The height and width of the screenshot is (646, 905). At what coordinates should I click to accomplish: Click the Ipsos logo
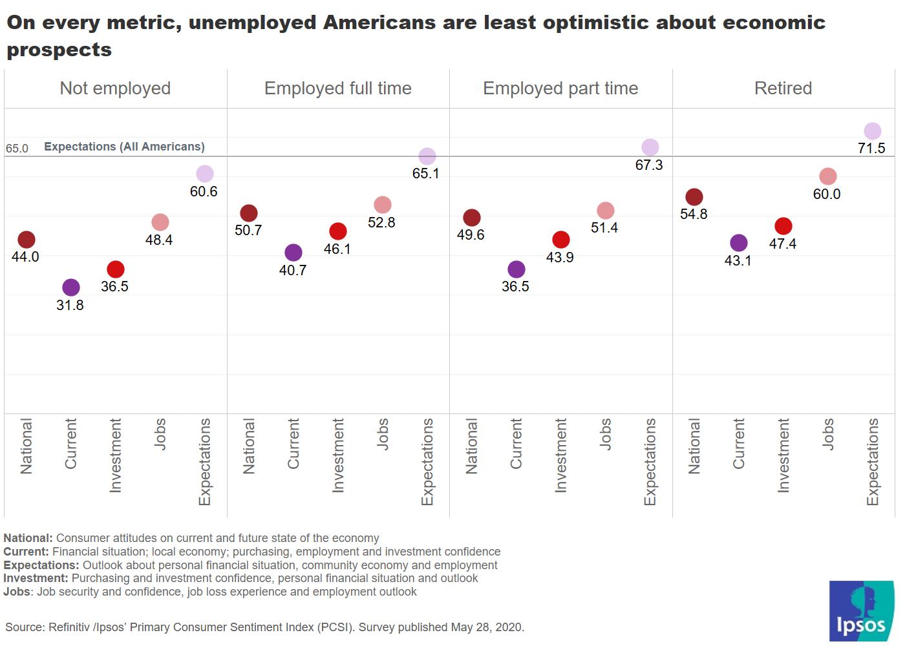point(862,610)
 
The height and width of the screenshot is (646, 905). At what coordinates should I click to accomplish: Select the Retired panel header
point(783,89)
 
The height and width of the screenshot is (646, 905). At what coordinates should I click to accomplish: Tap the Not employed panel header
point(115,89)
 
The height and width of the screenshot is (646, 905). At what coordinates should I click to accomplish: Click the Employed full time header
point(337,89)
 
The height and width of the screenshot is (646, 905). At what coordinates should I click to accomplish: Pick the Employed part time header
point(560,89)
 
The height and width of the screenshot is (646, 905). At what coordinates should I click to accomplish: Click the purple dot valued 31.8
point(71,287)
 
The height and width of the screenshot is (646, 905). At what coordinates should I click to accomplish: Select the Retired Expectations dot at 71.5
point(872,131)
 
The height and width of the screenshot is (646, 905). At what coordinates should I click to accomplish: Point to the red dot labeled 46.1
point(338,231)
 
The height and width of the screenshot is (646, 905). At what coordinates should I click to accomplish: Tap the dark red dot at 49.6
point(472,218)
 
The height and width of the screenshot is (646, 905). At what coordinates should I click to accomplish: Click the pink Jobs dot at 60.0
point(827,176)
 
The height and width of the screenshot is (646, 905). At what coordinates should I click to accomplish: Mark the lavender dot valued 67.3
point(650,147)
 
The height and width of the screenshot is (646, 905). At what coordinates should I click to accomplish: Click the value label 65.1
point(425,174)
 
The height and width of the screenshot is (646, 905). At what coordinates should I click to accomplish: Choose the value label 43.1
point(738,261)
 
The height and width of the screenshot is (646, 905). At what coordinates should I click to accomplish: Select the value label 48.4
point(159,240)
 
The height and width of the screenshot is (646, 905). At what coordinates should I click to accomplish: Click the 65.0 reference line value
point(17,149)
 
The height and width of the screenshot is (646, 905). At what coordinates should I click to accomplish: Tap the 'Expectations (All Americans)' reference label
point(124,147)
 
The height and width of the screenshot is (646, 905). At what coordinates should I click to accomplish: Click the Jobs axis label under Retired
point(827,434)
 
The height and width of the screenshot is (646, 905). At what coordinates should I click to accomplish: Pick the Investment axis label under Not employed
point(115,455)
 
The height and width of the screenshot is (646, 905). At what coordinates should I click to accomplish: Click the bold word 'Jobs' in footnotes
point(17,592)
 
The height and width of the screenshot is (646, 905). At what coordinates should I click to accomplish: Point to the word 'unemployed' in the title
point(253,23)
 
